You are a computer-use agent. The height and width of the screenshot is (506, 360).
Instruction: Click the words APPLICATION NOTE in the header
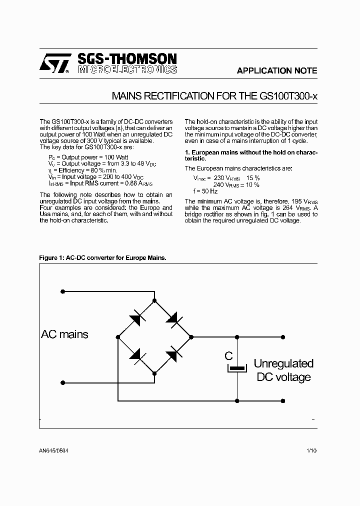pos(276,71)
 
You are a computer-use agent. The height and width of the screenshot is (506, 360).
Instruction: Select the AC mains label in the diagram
pos(64,334)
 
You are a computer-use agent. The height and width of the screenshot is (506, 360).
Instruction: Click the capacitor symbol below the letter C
pos(237,369)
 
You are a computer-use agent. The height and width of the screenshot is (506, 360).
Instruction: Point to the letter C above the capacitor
pos(229,356)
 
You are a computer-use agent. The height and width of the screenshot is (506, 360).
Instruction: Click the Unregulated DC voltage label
pos(283,370)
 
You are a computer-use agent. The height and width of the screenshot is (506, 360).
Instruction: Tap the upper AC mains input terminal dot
pos(62,290)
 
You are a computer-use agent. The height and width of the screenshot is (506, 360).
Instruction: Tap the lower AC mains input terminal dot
pos(62,382)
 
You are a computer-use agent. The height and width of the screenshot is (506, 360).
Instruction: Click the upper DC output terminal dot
pos(283,336)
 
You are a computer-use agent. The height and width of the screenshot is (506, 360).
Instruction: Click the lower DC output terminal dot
pos(283,400)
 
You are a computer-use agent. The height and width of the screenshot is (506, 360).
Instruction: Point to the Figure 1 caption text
pos(102,258)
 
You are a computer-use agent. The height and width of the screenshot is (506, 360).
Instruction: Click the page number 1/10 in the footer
pos(311,450)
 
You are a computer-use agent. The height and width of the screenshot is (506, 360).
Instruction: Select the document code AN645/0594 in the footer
pos(53,450)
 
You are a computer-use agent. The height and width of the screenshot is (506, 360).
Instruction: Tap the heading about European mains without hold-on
pos(251,154)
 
